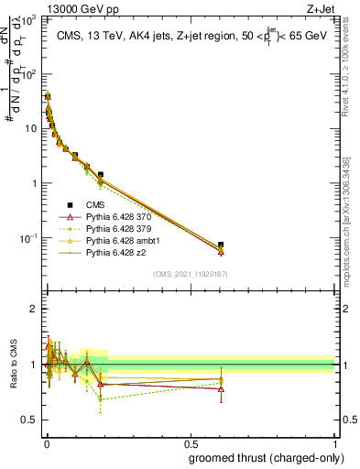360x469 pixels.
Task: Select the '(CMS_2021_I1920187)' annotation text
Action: coord(191,273)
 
